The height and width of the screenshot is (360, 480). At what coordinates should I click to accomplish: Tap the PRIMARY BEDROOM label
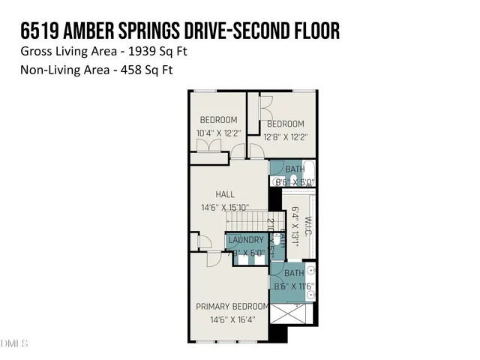[232, 306]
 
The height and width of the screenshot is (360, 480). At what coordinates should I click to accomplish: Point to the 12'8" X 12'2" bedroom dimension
[286, 136]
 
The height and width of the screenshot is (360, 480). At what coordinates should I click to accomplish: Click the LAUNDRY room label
[246, 241]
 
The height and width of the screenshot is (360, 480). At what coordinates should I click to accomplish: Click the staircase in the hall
[247, 221]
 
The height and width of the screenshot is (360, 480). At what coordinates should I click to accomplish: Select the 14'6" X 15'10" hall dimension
[225, 208]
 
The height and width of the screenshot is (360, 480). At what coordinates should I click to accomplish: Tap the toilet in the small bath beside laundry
[276, 240]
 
